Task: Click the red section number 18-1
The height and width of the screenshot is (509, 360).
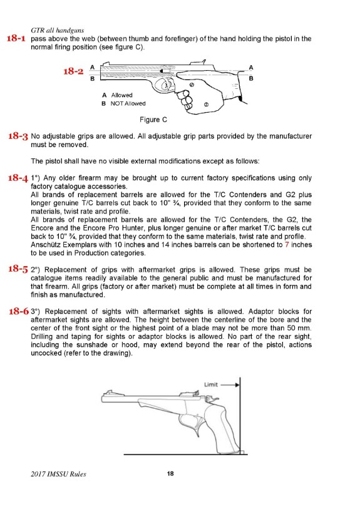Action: click(16, 38)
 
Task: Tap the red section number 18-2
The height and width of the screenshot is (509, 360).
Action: click(73, 71)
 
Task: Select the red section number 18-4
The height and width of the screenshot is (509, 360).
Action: click(18, 178)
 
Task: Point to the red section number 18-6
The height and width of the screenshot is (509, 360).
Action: click(19, 311)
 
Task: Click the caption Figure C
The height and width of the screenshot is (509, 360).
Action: click(153, 120)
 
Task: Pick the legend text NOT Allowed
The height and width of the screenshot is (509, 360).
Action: click(128, 103)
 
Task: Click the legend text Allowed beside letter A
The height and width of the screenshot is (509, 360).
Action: click(121, 95)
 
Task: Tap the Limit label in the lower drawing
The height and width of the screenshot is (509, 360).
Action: click(210, 384)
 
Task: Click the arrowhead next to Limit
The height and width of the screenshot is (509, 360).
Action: click(238, 384)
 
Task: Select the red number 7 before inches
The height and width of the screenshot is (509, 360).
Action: click(287, 244)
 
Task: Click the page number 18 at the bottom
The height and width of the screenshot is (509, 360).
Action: click(170, 473)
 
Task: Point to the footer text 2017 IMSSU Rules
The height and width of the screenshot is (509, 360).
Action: click(58, 474)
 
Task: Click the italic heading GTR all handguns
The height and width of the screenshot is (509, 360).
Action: click(57, 30)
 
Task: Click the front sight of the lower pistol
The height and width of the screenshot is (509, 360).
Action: click(109, 392)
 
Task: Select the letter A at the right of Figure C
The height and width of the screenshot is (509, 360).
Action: click(251, 67)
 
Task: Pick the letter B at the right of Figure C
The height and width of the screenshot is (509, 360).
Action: click(251, 78)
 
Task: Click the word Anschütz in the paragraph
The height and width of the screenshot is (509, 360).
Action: click(46, 244)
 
